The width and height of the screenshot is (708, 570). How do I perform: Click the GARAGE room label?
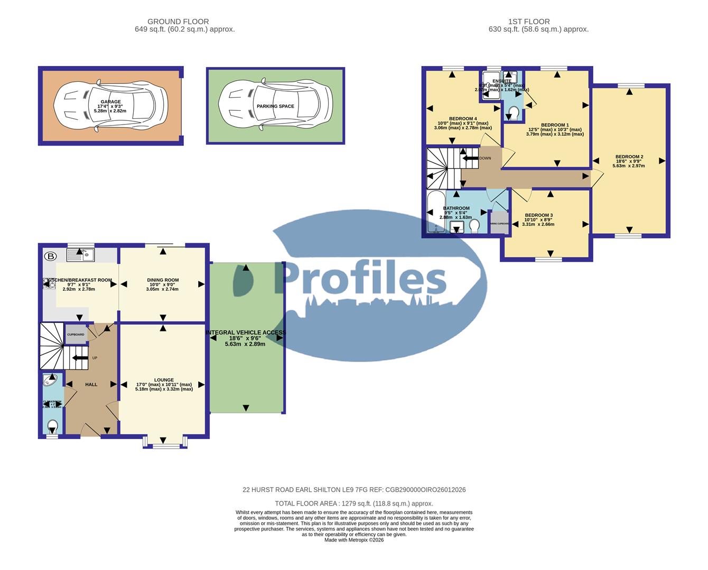(111, 102)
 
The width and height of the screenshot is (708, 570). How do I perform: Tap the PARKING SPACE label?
(275, 106)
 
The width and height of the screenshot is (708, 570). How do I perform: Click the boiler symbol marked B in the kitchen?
(51, 256)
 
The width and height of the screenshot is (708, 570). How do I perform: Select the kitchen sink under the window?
(80, 255)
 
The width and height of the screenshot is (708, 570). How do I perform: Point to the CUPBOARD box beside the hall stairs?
(76, 335)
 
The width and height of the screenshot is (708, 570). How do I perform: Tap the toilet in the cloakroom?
(52, 425)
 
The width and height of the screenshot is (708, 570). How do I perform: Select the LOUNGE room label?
(164, 379)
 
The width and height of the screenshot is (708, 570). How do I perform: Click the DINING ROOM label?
(163, 280)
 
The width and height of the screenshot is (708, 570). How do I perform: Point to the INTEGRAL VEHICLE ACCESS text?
(246, 332)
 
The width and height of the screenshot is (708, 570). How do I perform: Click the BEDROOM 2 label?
(629, 157)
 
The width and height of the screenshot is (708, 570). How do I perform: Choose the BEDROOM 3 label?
(538, 215)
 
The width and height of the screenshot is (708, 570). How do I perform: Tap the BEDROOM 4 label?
(463, 118)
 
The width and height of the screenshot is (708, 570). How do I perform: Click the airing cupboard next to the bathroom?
(499, 222)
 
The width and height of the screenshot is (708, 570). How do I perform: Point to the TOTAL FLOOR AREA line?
(353, 503)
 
